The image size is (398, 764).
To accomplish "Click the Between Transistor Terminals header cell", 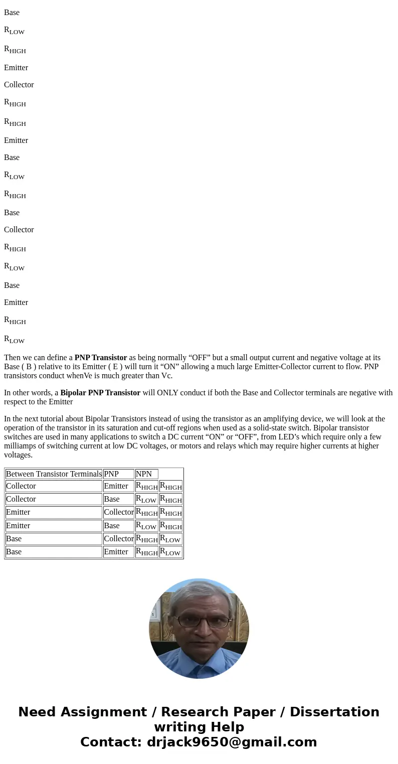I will (54, 474).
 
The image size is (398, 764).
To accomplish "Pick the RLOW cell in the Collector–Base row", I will (146, 500).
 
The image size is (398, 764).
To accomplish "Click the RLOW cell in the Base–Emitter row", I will (170, 552).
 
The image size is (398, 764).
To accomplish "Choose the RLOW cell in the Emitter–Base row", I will (146, 526).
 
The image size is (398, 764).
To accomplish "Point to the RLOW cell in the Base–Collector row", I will (170, 539).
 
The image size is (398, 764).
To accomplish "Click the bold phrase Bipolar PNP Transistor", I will (100, 393).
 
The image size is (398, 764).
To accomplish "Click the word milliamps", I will (20, 446).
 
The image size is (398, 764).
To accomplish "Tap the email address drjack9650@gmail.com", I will (232, 742).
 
